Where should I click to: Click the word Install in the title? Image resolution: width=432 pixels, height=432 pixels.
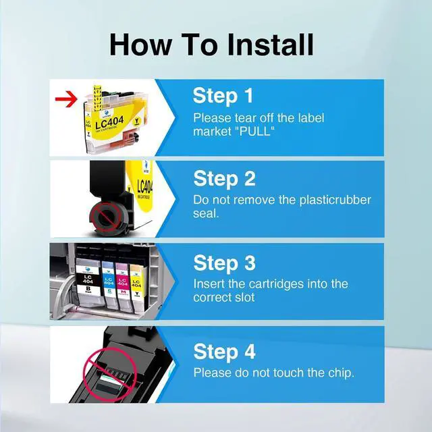pyautogui.click(x=270, y=45)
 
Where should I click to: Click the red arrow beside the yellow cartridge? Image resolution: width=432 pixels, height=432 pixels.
pyautogui.click(x=66, y=99)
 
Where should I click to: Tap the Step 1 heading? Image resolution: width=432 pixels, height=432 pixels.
pyautogui.click(x=223, y=96)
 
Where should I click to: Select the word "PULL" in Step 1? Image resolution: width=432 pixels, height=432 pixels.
pyautogui.click(x=255, y=132)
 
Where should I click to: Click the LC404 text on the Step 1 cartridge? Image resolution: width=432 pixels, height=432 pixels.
pyautogui.click(x=109, y=122)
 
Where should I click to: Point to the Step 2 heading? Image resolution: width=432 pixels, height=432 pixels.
pyautogui.click(x=225, y=178)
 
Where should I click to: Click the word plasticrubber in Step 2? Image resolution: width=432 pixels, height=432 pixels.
pyautogui.click(x=335, y=200)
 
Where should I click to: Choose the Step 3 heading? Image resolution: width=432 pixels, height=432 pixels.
pyautogui.click(x=225, y=263)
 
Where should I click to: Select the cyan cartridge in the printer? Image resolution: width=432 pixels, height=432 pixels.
pyautogui.click(x=109, y=284)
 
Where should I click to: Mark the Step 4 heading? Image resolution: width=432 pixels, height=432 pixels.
pyautogui.click(x=225, y=351)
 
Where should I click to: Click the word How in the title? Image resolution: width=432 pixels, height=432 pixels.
pyautogui.click(x=141, y=45)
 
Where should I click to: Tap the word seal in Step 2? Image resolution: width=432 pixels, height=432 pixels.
pyautogui.click(x=206, y=213)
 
